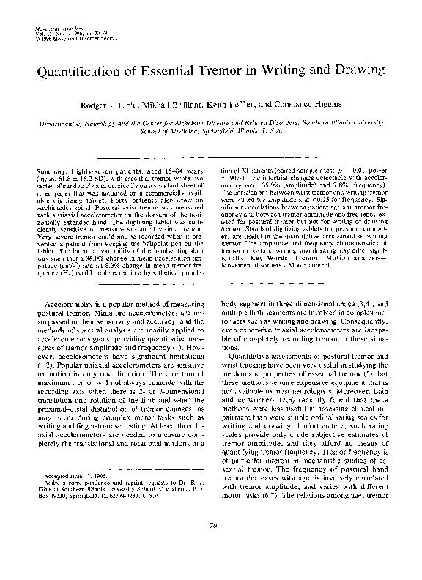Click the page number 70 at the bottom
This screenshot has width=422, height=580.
[211, 544]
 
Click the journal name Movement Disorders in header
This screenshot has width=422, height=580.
[55, 29]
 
